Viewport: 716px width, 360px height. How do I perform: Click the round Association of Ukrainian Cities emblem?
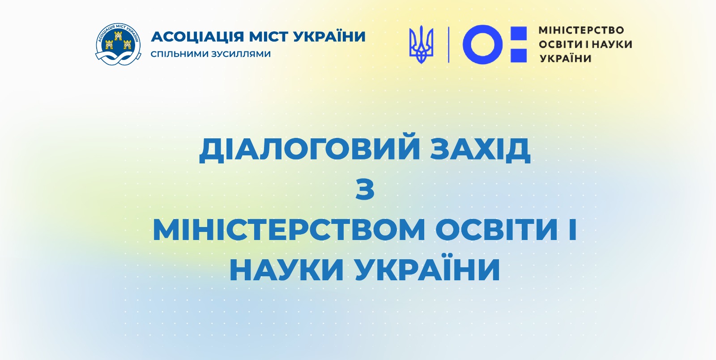point(118,44)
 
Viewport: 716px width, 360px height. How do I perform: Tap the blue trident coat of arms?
point(421,44)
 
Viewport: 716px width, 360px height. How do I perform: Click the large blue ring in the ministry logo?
point(483,44)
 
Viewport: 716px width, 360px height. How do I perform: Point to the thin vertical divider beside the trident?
point(449,44)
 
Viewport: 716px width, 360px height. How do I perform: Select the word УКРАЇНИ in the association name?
point(329,36)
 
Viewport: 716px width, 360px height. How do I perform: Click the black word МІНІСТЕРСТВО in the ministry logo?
point(581,30)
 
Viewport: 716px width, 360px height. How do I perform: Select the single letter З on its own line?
point(365,189)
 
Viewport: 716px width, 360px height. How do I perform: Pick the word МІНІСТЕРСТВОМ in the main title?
point(289,230)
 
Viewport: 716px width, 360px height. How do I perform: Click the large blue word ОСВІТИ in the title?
point(496,230)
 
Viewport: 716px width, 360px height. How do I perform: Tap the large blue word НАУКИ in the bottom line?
point(286,270)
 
